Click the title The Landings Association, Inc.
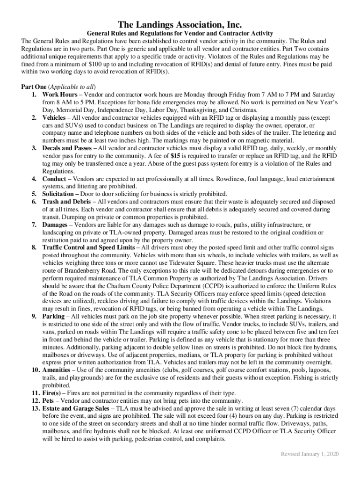click(180, 24)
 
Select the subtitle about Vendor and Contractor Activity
click(180, 33)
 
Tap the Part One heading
click(34, 87)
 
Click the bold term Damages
click(55, 225)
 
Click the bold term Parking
click(54, 316)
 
